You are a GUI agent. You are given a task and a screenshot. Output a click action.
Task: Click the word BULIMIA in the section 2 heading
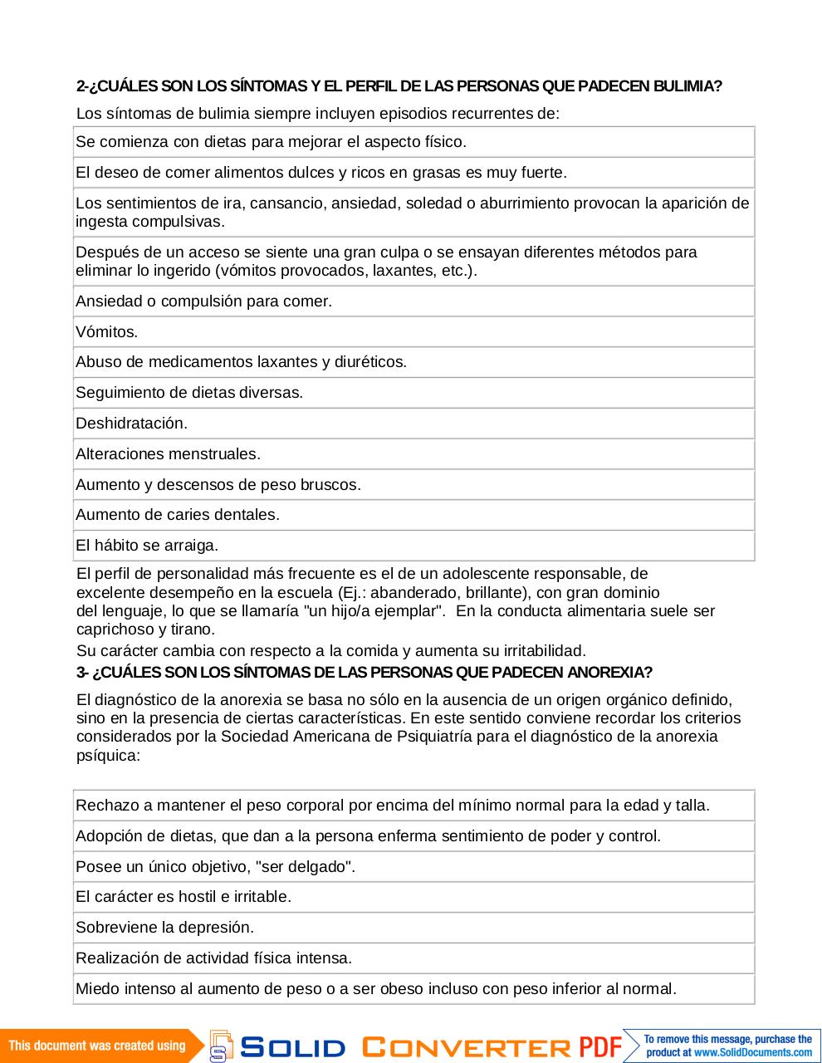click(687, 86)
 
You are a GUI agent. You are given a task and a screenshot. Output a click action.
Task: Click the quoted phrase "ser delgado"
click(306, 867)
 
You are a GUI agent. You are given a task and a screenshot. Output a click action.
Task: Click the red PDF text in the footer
click(600, 1046)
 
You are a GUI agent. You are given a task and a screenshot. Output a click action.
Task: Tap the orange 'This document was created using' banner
click(97, 1046)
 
